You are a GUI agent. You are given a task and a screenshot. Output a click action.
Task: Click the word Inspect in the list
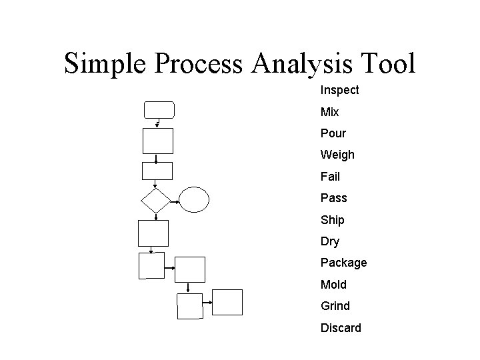point(339,90)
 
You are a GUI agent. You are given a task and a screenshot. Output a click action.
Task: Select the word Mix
point(329,112)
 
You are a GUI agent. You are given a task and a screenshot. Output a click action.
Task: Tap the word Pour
point(333,133)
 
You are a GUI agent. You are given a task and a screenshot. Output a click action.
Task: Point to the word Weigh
point(337,155)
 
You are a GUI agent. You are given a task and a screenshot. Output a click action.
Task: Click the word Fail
point(330,177)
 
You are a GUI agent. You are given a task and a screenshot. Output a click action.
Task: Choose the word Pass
point(333,198)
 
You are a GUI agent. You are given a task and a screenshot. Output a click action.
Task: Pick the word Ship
point(332,220)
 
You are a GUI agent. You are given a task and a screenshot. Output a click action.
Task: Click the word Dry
point(329,241)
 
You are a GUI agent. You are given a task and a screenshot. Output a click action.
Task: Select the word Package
point(343,263)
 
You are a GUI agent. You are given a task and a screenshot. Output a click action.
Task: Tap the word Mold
point(333,285)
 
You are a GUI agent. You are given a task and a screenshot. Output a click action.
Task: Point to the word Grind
point(335,306)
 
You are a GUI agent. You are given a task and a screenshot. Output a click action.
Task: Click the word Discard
point(341,328)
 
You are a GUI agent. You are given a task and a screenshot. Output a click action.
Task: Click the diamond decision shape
point(155,199)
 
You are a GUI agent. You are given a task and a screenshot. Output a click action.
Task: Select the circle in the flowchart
point(195,199)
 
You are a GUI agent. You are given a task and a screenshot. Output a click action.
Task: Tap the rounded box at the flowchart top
point(159,109)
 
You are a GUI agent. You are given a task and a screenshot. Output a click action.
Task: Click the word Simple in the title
point(109,64)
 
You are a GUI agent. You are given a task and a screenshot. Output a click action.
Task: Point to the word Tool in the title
point(387,64)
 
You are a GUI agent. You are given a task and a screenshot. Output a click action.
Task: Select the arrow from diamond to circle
point(175,199)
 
